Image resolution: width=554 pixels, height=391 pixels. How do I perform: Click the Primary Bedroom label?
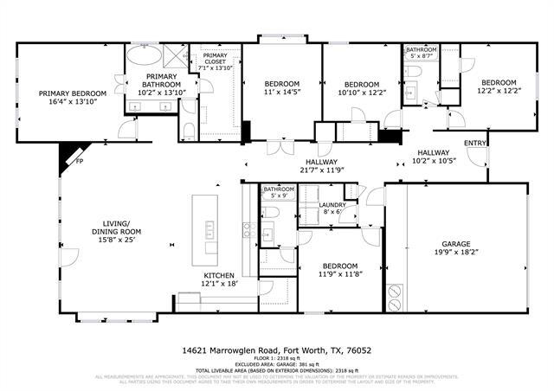73,93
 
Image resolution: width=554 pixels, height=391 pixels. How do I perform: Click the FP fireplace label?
79,161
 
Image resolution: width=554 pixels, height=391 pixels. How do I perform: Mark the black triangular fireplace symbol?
66,155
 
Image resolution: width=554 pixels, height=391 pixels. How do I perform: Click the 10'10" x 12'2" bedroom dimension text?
359,92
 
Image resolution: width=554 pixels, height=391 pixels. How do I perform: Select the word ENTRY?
475,143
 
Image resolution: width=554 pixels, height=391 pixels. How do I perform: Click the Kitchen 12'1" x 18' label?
219,279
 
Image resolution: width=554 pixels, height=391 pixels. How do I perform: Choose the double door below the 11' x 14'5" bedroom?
279,148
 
